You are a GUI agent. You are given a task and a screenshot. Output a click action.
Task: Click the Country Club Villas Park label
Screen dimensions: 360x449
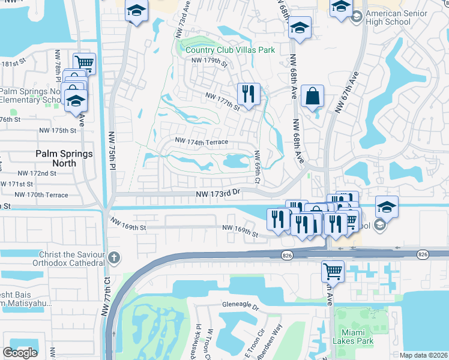click(230, 50)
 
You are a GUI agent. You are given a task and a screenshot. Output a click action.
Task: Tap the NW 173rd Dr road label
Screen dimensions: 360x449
click(218, 193)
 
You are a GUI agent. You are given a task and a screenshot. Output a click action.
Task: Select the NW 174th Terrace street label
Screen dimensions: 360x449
click(202, 141)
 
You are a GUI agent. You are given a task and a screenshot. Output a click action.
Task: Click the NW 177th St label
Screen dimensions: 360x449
click(222, 101)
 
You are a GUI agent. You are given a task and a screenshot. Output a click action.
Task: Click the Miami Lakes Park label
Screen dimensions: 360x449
click(354, 336)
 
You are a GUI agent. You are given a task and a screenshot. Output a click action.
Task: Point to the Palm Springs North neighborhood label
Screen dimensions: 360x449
click(64, 158)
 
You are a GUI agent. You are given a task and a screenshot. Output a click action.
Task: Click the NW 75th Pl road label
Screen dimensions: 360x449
click(112, 151)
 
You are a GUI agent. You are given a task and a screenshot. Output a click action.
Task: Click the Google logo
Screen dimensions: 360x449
click(20, 353)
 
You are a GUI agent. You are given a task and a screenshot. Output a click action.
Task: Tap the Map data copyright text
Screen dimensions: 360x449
click(423, 355)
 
